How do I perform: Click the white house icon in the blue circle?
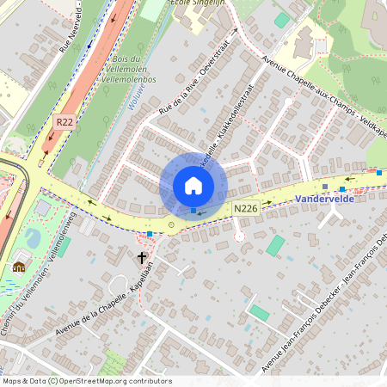click(x=193, y=186)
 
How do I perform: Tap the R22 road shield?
click(x=64, y=123)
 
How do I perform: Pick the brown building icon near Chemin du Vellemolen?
click(x=19, y=267)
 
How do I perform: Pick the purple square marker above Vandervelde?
click(x=324, y=185)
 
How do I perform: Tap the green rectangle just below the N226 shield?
click(x=274, y=245)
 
